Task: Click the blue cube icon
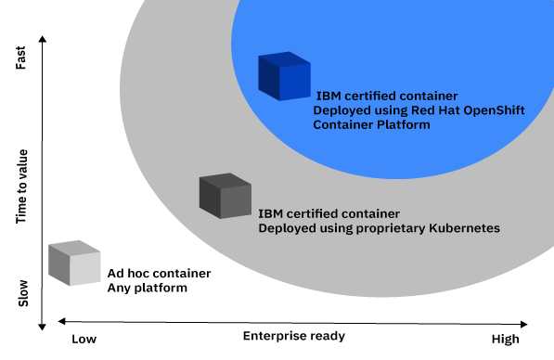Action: coord(283,77)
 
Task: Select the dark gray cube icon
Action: coord(225,195)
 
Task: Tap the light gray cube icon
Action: coord(73,264)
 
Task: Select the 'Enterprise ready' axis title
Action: coord(294,335)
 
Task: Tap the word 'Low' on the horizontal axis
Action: coord(84,339)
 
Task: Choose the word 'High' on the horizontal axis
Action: coord(506,340)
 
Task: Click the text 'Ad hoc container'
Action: coord(159,274)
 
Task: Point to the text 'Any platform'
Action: coord(148,289)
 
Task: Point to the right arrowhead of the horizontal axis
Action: coord(524,324)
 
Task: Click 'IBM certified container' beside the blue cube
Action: coord(387,95)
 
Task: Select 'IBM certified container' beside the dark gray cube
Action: coord(329,213)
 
